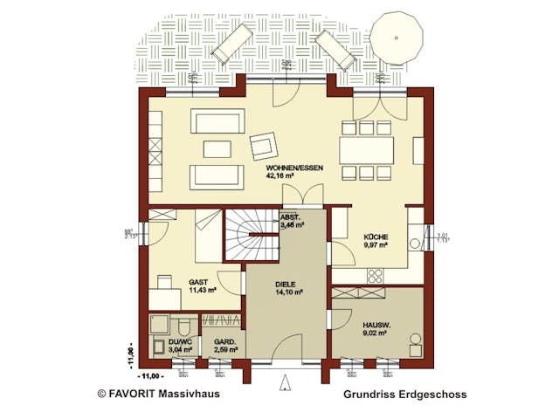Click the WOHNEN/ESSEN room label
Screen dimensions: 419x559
coord(282,165)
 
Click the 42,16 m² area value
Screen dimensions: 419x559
coord(281,175)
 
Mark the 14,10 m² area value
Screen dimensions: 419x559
coord(286,292)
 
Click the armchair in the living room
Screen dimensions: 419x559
coord(263,142)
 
